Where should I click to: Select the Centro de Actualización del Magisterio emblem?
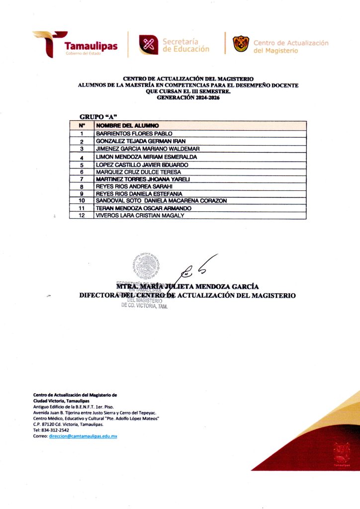241,43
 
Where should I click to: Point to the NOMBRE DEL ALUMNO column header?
124,126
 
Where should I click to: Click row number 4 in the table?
81,157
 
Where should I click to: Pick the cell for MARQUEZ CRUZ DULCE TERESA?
135,171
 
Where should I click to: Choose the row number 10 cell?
82,200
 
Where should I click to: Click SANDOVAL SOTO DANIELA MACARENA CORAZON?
161,200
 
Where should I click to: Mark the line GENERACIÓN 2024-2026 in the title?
188,98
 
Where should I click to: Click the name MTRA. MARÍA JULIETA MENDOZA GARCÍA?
187,286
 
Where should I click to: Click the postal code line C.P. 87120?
68,425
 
